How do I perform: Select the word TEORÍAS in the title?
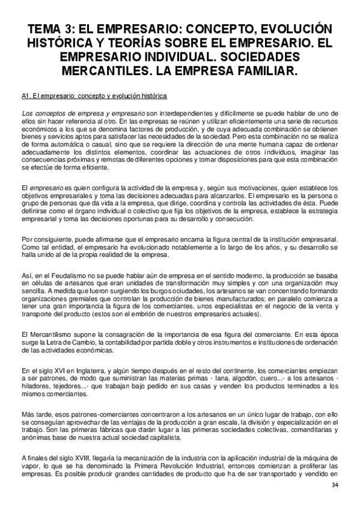point(139,44)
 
